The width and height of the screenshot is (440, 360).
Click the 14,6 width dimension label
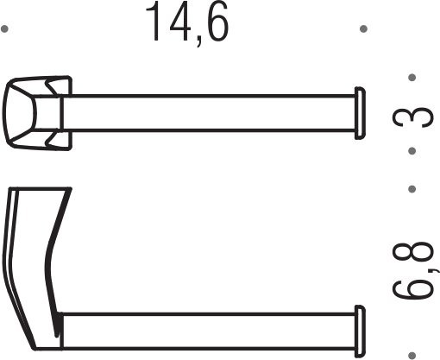pyautogui.click(x=186, y=23)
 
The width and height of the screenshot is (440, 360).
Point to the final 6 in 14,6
pyautogui.click(x=215, y=23)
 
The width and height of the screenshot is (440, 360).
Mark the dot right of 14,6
pyautogui.click(x=363, y=29)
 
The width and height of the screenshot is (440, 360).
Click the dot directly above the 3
pyautogui.click(x=412, y=78)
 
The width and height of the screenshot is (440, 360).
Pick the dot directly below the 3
pyautogui.click(x=412, y=150)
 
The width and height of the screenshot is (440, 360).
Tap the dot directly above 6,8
pyautogui.click(x=412, y=187)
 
